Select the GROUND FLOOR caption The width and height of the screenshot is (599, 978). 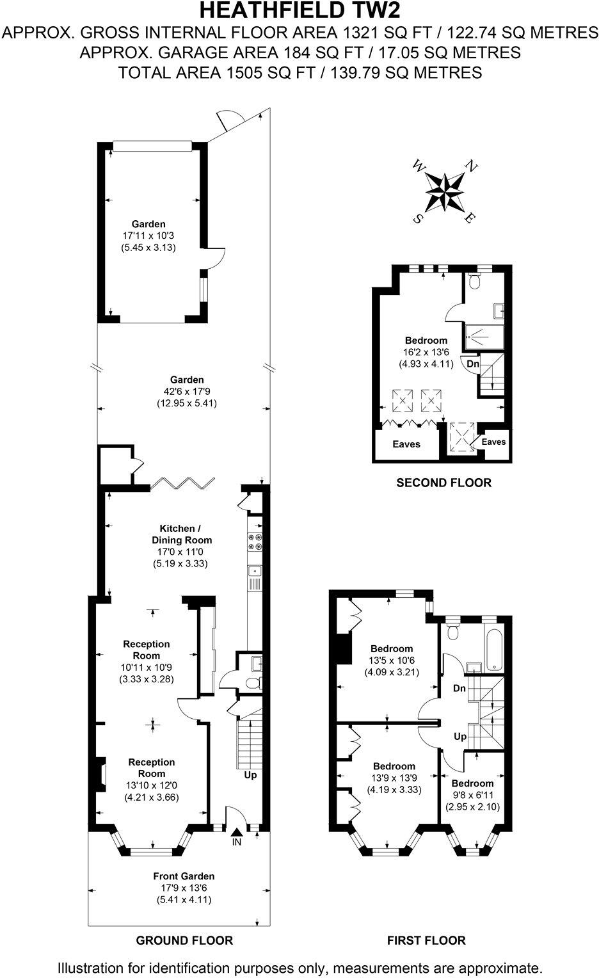click(184, 940)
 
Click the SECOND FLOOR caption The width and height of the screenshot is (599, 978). click(443, 483)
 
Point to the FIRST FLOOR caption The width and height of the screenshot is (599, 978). click(426, 940)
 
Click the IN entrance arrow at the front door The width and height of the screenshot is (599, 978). click(236, 833)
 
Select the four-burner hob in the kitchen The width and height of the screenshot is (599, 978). click(254, 541)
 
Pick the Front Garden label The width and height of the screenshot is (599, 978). click(184, 876)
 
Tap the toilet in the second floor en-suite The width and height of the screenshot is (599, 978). click(474, 280)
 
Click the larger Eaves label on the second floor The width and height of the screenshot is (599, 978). click(406, 444)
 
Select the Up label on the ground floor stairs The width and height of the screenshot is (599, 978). click(250, 775)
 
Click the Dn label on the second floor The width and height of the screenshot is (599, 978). click(473, 364)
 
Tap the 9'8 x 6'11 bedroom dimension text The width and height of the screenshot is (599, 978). click(473, 796)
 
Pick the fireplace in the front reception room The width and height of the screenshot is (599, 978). click(100, 773)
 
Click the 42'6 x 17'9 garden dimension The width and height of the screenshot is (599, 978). click(182, 392)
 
